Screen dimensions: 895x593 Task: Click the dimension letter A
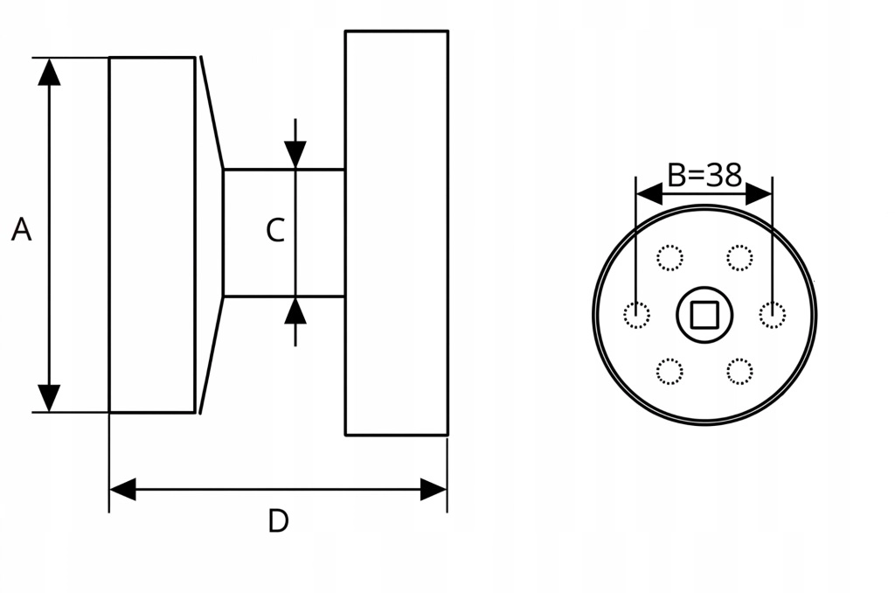point(21,230)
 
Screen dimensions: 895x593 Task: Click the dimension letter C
point(275,230)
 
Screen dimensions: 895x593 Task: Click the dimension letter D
point(278,521)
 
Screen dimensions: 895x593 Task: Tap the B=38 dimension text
point(704,175)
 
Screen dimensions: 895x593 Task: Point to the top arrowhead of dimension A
point(49,72)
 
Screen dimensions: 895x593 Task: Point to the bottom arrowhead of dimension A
point(49,398)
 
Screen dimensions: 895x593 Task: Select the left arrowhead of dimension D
point(122,490)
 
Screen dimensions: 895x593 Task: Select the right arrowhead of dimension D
point(434,490)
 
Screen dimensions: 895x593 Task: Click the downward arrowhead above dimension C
point(295,155)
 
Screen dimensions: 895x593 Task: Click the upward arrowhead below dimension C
point(295,310)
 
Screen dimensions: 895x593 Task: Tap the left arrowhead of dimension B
point(649,194)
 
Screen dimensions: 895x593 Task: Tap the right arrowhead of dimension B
point(759,194)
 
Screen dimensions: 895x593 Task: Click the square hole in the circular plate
point(704,315)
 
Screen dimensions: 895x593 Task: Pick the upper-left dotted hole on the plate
point(670,258)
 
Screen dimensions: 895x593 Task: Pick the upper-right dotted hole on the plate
point(739,258)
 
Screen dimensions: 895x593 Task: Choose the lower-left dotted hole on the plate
point(670,372)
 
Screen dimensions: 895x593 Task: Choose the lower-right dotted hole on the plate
point(739,372)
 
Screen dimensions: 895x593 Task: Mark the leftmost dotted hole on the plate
point(636,315)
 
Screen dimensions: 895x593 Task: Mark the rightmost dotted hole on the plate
point(773,315)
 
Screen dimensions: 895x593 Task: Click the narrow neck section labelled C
point(284,233)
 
